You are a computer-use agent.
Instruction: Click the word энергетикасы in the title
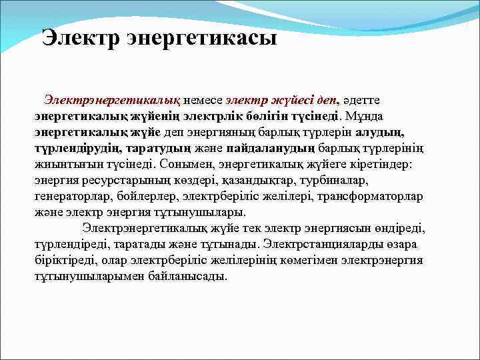pos(201,39)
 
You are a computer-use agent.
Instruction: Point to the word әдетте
pos(361,99)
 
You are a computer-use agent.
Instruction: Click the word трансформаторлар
pos(365,196)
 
